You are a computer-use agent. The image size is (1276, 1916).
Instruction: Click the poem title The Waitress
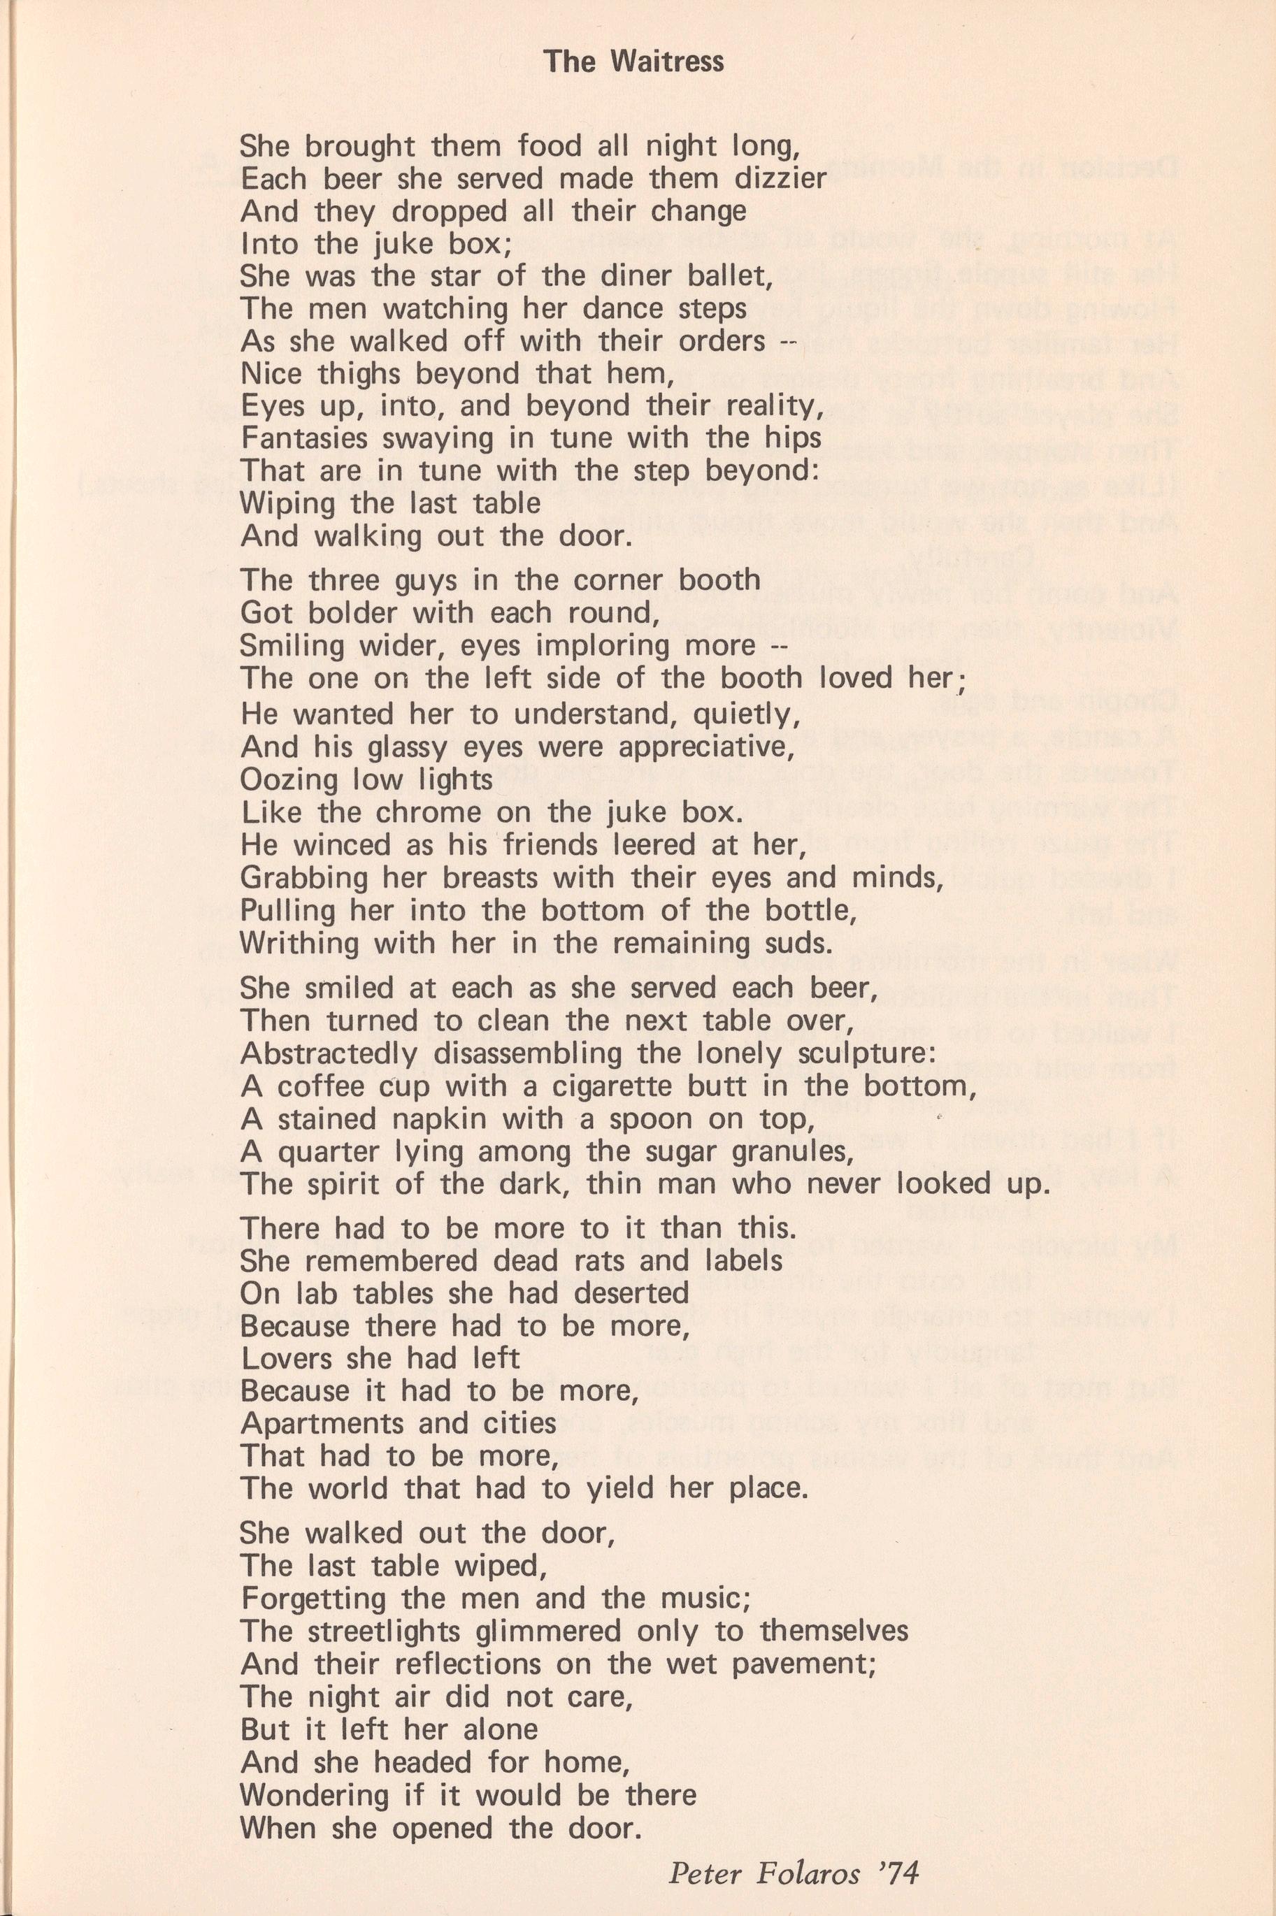point(633,62)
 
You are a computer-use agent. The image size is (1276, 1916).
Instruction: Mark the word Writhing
point(300,943)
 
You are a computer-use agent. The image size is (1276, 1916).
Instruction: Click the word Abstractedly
point(329,1053)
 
